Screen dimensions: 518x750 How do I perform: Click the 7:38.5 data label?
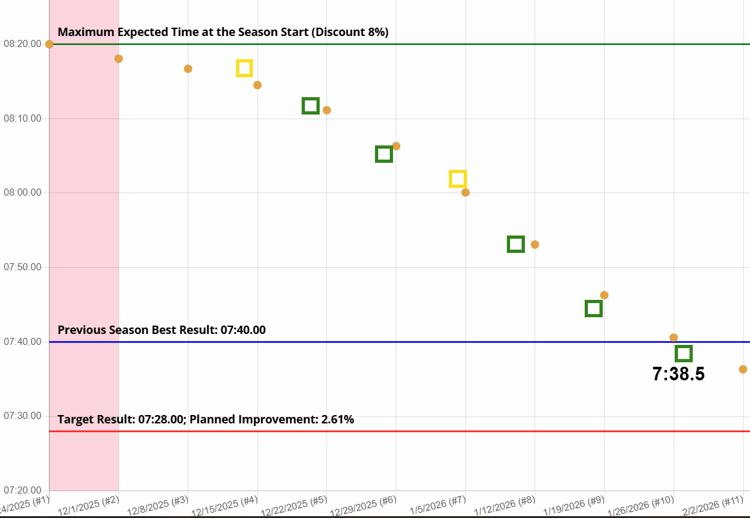679,375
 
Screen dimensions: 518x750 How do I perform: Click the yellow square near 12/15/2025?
244,68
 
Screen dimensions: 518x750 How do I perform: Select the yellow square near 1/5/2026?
458,179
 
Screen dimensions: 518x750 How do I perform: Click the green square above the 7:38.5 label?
684,353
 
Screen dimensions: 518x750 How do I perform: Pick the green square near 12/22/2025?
311,106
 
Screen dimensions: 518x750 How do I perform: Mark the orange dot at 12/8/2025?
188,69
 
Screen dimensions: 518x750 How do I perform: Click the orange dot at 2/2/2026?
743,369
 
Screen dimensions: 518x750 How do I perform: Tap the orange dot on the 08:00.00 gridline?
465,192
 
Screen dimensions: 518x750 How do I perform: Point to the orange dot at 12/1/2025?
118,59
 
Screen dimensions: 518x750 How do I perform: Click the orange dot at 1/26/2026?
673,338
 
